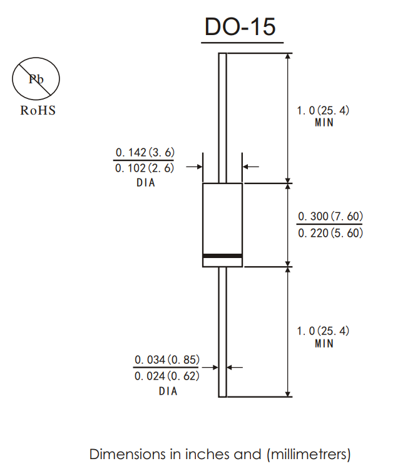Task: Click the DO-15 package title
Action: point(240,27)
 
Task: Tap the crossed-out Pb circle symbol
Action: point(36,80)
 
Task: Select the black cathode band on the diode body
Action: point(222,256)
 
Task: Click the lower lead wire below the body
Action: point(222,332)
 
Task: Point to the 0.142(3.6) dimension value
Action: point(145,152)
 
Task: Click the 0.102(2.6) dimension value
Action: point(145,168)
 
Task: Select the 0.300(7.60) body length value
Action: point(330,217)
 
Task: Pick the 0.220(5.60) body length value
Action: point(330,232)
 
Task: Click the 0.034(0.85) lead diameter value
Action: point(167,360)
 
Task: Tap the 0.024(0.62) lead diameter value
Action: point(167,376)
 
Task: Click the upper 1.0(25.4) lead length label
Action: point(323,110)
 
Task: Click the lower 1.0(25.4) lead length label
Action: point(323,331)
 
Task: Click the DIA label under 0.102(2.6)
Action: point(145,183)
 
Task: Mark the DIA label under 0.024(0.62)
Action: point(168,391)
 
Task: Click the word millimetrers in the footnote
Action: point(309,453)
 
